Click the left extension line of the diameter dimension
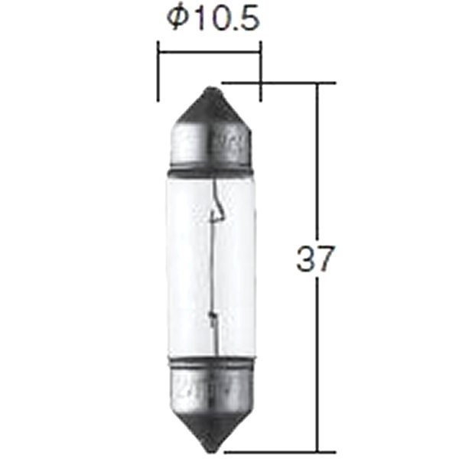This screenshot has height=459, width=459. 158,73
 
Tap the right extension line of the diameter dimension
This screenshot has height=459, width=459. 261,73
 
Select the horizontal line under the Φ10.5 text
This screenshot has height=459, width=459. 209,50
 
